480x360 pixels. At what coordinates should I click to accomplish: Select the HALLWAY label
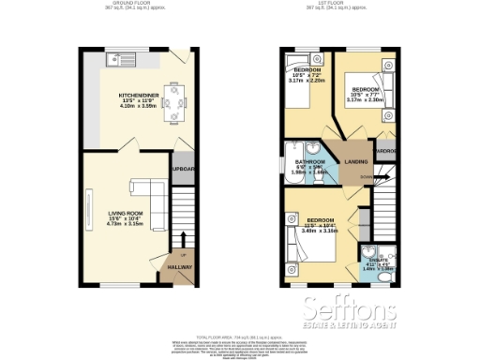179,267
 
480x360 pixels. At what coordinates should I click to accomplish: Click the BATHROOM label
310,161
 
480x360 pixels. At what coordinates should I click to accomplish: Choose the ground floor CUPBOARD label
184,170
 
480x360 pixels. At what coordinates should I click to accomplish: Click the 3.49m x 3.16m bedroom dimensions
310,231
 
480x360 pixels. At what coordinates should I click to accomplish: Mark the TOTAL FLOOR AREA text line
240,335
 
